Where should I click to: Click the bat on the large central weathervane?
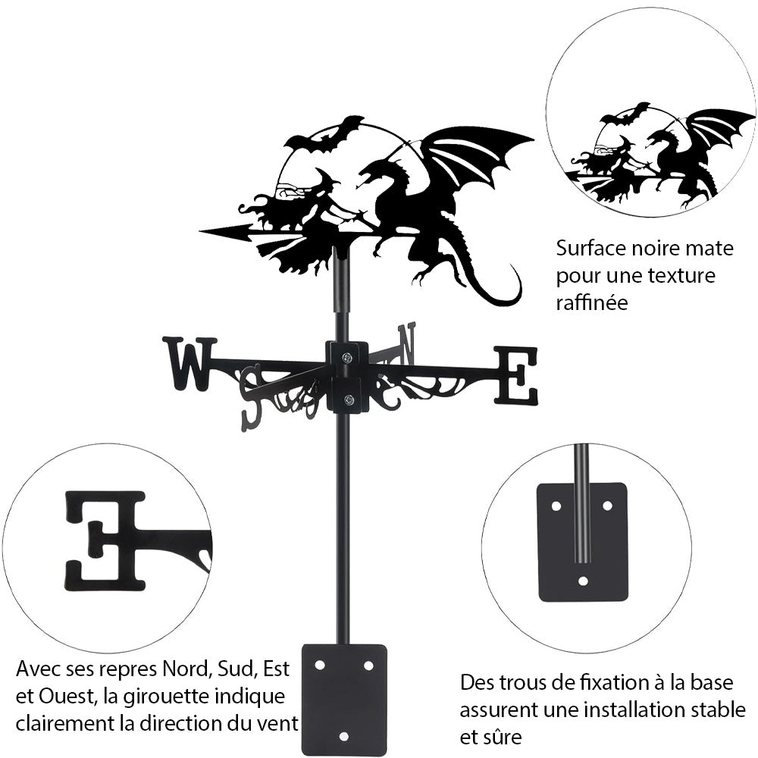pyautogui.click(x=324, y=134)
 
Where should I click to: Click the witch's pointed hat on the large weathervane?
pyautogui.click(x=328, y=180)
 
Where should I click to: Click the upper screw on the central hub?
pyautogui.click(x=346, y=358)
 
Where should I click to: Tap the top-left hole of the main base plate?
pyautogui.click(x=320, y=665)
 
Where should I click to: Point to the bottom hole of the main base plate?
pyautogui.click(x=344, y=735)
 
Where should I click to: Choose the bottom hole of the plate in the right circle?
pyautogui.click(x=582, y=581)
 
